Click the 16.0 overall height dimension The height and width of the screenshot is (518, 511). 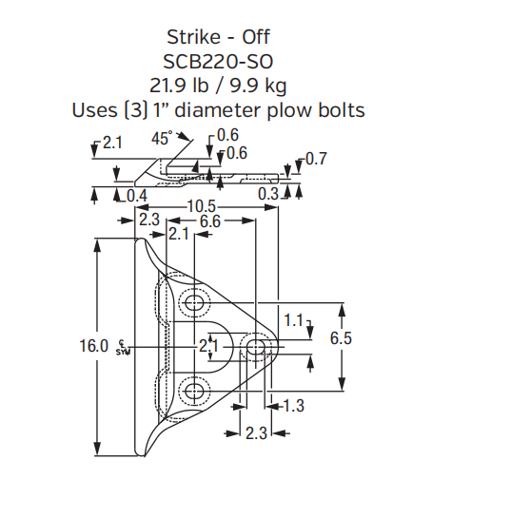coord(94,347)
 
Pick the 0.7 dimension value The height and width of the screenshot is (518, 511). coord(315,159)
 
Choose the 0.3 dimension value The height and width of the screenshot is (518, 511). coord(269,194)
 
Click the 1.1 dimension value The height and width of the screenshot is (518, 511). coord(293,320)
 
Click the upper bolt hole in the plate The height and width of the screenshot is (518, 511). coord(196,304)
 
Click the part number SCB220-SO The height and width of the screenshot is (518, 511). coord(218,62)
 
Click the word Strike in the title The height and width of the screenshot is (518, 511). coord(192,38)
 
